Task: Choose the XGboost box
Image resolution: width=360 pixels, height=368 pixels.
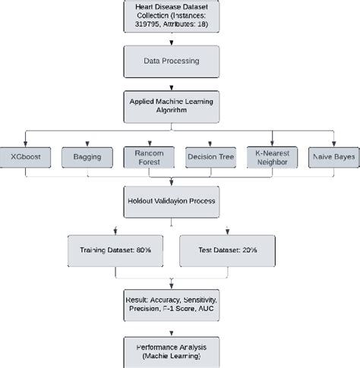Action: [x=27, y=157]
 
